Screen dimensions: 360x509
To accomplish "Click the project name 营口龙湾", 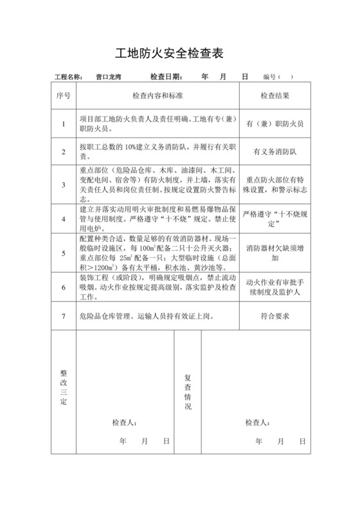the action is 107,77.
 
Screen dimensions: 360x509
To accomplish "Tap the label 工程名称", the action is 69,77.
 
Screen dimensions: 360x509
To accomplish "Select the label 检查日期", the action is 166,77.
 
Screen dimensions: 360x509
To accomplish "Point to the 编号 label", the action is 269,77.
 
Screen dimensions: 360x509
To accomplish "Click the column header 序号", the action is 63,95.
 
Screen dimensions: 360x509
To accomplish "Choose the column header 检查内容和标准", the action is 157,95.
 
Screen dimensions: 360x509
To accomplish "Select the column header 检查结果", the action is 274,95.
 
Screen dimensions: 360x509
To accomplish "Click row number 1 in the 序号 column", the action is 63,123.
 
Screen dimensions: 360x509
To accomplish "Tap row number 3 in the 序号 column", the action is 63,185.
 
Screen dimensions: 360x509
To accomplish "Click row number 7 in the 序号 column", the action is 63,316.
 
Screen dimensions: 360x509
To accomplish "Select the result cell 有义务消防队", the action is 274,152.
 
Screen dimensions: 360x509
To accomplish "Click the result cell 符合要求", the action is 274,316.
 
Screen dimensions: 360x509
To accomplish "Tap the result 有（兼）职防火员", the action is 274,123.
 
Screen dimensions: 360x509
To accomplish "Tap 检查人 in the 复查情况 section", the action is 258,422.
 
